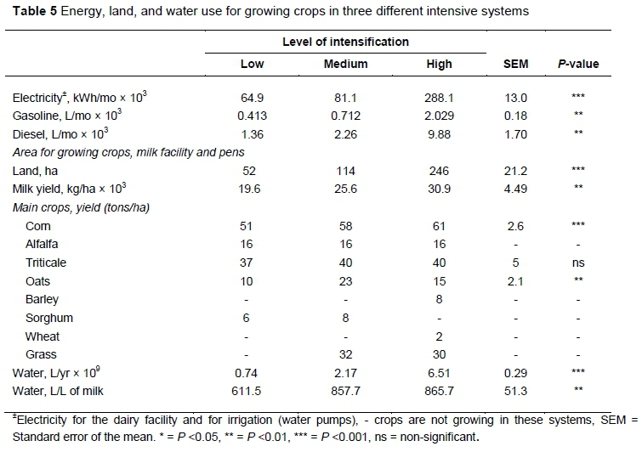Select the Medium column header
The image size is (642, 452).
tap(345, 65)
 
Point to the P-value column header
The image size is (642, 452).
tap(579, 65)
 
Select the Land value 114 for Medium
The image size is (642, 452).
tap(345, 170)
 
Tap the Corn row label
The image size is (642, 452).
tap(38, 226)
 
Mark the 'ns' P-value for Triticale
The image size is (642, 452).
tap(579, 263)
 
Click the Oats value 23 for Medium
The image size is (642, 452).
tap(345, 281)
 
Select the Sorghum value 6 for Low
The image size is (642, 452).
tap(254, 318)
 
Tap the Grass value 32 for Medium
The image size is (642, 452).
tap(345, 354)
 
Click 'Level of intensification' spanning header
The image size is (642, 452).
tap(345, 42)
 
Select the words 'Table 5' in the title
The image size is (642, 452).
tap(32, 12)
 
